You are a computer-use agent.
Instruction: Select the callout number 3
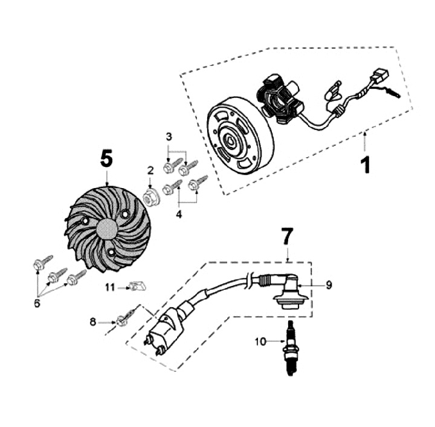point(169,137)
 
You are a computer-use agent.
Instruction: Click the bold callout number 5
point(106,159)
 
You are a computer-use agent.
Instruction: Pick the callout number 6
point(37,303)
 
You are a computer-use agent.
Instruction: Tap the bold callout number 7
point(288,237)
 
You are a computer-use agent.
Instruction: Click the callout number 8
point(93,322)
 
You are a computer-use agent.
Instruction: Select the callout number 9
point(329,285)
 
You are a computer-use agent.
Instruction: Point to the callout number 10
point(260,342)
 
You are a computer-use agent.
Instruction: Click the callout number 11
point(109,287)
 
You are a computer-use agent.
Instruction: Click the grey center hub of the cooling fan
point(106,230)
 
